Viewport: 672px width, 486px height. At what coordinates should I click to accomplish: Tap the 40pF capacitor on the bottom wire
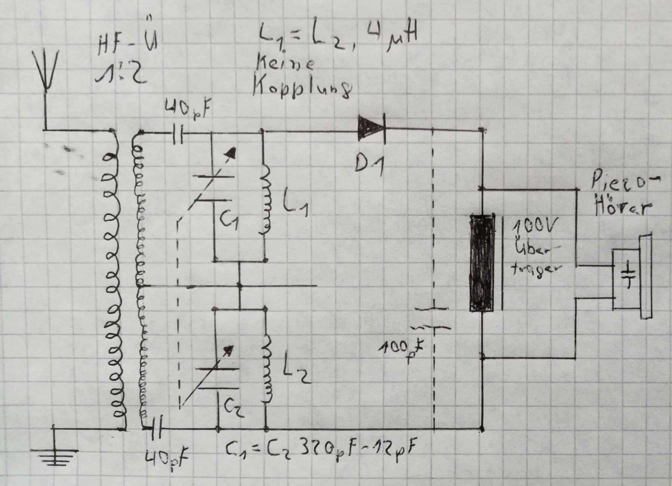pyautogui.click(x=157, y=428)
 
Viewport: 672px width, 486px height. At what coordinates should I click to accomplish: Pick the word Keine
pyautogui.click(x=285, y=65)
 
